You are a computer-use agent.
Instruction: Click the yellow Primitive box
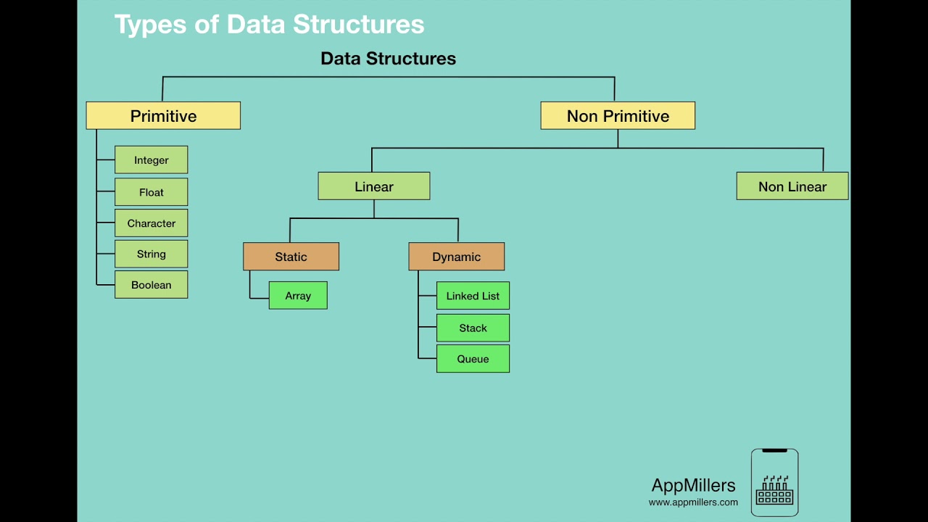coord(163,116)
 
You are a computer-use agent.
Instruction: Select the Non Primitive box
coord(618,116)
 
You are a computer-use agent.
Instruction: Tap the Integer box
coord(152,160)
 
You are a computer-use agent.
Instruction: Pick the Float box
coord(152,192)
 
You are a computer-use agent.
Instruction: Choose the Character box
coord(152,223)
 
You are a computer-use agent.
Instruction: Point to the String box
coord(152,254)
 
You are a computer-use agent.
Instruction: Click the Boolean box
coord(152,285)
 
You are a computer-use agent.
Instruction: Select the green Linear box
coord(374,186)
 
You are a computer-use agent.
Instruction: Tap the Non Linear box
coord(792,186)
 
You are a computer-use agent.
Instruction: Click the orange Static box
coord(291,257)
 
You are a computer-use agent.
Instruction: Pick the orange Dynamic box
coord(457,257)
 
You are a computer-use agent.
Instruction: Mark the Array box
coord(298,296)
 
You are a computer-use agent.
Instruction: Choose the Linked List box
coord(473,296)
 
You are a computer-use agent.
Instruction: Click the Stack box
coord(473,328)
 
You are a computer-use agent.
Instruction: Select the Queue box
coord(473,359)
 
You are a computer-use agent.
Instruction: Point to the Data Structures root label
coord(389,59)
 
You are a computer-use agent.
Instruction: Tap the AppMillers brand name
coord(693,486)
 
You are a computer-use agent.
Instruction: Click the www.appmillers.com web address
coord(693,502)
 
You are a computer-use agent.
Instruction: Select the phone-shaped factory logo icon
coord(774,483)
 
